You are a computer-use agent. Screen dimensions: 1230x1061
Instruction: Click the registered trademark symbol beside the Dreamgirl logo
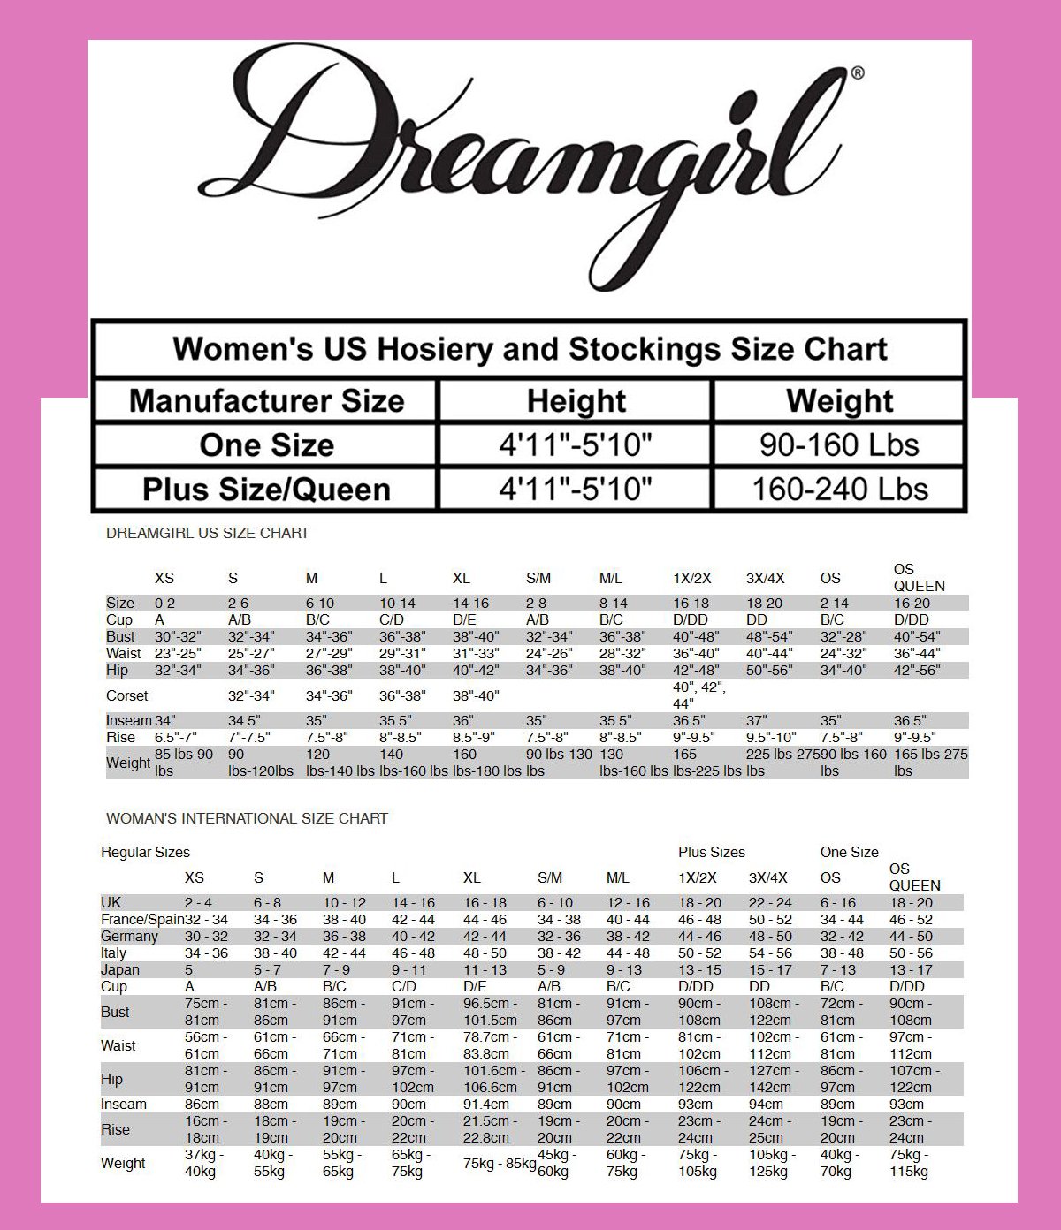tap(857, 73)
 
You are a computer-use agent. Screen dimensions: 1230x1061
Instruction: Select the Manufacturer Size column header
tap(266, 401)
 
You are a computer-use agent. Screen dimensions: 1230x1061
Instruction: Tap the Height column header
tap(576, 401)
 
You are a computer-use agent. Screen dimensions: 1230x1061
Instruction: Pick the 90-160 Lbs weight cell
tap(839, 445)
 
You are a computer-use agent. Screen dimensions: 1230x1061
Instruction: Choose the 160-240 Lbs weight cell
tap(839, 490)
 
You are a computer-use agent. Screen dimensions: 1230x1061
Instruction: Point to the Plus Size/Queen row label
tap(266, 490)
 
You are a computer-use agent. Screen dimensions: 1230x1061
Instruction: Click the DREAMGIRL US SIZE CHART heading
tap(208, 533)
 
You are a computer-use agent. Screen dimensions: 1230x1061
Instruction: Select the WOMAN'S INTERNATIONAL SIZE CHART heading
tap(247, 818)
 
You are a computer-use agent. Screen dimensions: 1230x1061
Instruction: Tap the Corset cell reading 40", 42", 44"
tap(698, 695)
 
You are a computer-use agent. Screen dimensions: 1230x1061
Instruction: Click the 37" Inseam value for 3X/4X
tap(757, 720)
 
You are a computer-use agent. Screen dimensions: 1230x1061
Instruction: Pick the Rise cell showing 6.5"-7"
tap(176, 737)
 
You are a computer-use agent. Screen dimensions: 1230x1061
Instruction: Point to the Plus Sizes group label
tap(712, 852)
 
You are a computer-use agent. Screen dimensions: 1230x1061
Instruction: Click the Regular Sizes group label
tap(146, 852)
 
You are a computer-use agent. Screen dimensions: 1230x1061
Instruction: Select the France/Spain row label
tap(141, 919)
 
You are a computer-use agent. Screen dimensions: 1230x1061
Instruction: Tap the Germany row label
tap(129, 936)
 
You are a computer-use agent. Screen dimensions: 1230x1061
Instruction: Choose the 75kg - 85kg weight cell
tap(500, 1163)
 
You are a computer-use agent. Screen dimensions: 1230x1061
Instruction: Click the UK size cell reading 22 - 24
tap(770, 902)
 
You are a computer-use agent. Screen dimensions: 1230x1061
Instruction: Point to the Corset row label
tap(127, 695)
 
